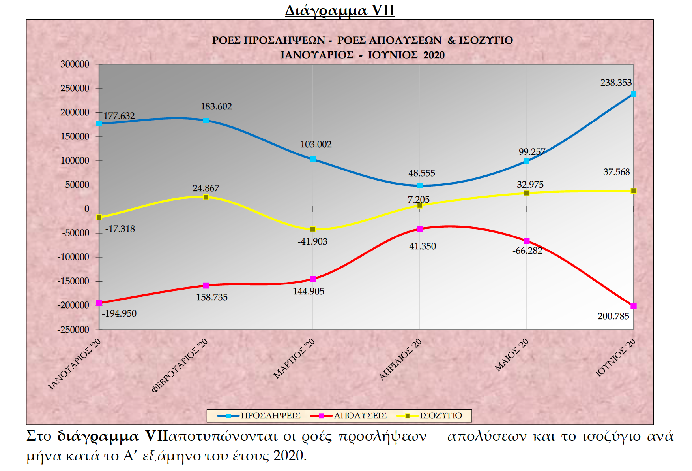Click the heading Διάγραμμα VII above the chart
[x=340, y=10]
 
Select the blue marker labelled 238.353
[x=633, y=94]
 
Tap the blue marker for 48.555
[x=420, y=185]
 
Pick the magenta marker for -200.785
[x=633, y=306]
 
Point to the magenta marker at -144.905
[x=313, y=279]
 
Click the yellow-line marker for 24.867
[x=206, y=197]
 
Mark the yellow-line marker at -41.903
[x=313, y=229]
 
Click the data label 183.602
[x=216, y=106]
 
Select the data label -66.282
[x=527, y=251]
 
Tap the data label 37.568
[x=616, y=172]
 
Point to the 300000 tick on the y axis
[x=75, y=64]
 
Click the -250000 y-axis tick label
[x=73, y=330]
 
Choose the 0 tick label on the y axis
[x=87, y=209]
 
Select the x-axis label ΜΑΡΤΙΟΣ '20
[x=294, y=358]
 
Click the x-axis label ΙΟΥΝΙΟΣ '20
[x=615, y=358]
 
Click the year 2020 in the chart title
[x=434, y=55]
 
